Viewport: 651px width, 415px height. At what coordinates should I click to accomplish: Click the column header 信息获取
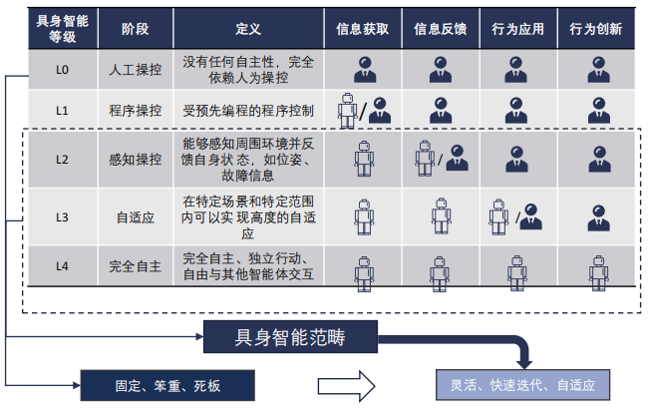tap(363, 29)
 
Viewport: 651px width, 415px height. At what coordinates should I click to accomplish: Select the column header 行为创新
tap(596, 29)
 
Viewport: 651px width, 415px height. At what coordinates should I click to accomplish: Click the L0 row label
tap(62, 69)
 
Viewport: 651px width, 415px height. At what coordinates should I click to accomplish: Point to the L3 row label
tap(62, 214)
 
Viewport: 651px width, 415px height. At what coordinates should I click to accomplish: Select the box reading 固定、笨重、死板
tap(167, 383)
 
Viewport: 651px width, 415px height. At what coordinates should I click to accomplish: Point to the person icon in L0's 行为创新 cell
tap(597, 69)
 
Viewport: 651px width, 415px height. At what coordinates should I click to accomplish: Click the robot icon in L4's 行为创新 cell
tap(597, 268)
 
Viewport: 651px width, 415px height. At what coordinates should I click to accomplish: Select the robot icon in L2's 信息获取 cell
tap(363, 160)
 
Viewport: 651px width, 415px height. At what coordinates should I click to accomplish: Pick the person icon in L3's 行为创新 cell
tap(597, 215)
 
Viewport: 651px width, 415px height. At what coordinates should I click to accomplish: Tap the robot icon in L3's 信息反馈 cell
tap(441, 215)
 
